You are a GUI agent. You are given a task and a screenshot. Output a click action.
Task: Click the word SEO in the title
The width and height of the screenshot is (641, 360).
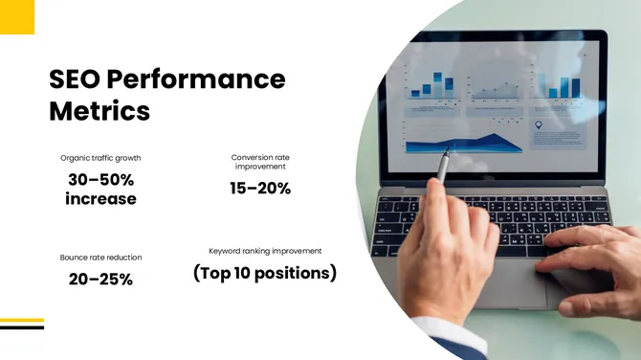(74, 79)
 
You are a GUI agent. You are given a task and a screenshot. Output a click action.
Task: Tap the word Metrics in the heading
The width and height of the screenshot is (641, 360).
(99, 111)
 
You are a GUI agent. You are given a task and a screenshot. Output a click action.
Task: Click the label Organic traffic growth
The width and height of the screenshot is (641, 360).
(100, 158)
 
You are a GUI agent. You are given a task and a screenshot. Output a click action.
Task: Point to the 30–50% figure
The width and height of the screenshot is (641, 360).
(100, 179)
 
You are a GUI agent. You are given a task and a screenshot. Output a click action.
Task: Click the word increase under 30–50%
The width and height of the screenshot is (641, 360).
(100, 199)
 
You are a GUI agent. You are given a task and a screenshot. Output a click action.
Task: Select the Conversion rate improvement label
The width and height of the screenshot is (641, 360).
(260, 162)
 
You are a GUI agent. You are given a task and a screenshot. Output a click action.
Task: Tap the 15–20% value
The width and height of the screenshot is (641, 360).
(260, 189)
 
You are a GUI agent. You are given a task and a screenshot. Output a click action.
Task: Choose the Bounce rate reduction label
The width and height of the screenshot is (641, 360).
(100, 258)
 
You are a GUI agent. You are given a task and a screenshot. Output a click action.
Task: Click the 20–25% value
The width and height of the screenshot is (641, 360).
(100, 280)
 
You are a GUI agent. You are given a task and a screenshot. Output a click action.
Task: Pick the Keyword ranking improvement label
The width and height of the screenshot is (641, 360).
(265, 251)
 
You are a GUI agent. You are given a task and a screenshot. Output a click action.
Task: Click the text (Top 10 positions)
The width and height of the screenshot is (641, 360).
(265, 274)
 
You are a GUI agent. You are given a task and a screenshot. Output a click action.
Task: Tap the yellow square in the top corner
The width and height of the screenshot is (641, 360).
(17, 16)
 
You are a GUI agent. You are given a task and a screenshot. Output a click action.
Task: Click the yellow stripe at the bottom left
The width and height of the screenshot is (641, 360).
(22, 320)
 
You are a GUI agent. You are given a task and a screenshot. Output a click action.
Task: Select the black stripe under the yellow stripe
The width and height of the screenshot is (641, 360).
(22, 326)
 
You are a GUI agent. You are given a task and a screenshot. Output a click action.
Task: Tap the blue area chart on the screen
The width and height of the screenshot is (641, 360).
(464, 143)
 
